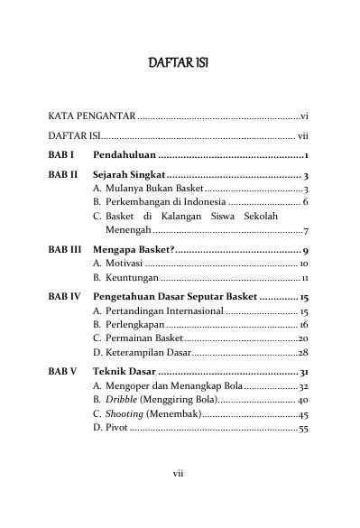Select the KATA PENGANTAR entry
(91, 116)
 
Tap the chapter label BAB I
(61, 155)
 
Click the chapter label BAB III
(64, 249)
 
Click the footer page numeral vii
(179, 495)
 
